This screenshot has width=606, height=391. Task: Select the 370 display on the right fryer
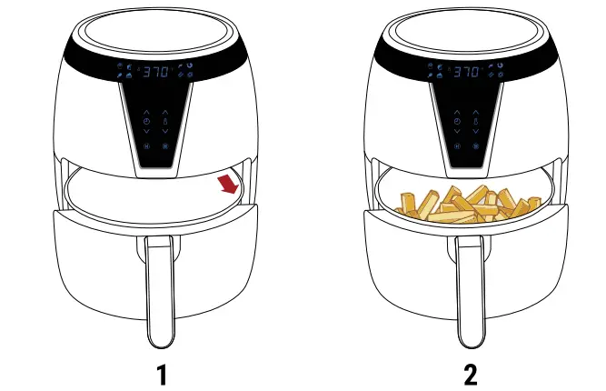[x=467, y=71]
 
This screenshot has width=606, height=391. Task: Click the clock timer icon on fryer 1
[x=146, y=122]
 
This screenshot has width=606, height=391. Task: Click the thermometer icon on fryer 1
[x=165, y=122]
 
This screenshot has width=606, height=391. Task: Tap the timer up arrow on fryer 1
[x=146, y=112]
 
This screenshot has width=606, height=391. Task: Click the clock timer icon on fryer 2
[x=458, y=122]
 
